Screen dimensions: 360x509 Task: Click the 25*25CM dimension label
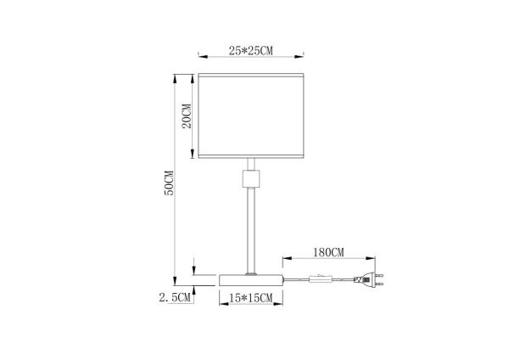click(x=250, y=52)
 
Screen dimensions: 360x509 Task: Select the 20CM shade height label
click(x=187, y=115)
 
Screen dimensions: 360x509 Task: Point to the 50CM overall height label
click(x=168, y=183)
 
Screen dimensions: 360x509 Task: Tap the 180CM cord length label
click(x=327, y=251)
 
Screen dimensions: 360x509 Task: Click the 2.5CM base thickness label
click(x=175, y=297)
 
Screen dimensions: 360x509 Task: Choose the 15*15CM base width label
click(x=251, y=298)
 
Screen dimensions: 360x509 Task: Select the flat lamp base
click(x=251, y=279)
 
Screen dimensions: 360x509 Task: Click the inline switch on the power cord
click(x=323, y=278)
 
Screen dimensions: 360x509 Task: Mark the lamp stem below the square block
click(x=251, y=229)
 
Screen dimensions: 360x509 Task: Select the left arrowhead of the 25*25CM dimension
click(x=201, y=56)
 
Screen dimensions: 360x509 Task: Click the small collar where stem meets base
click(x=251, y=273)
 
